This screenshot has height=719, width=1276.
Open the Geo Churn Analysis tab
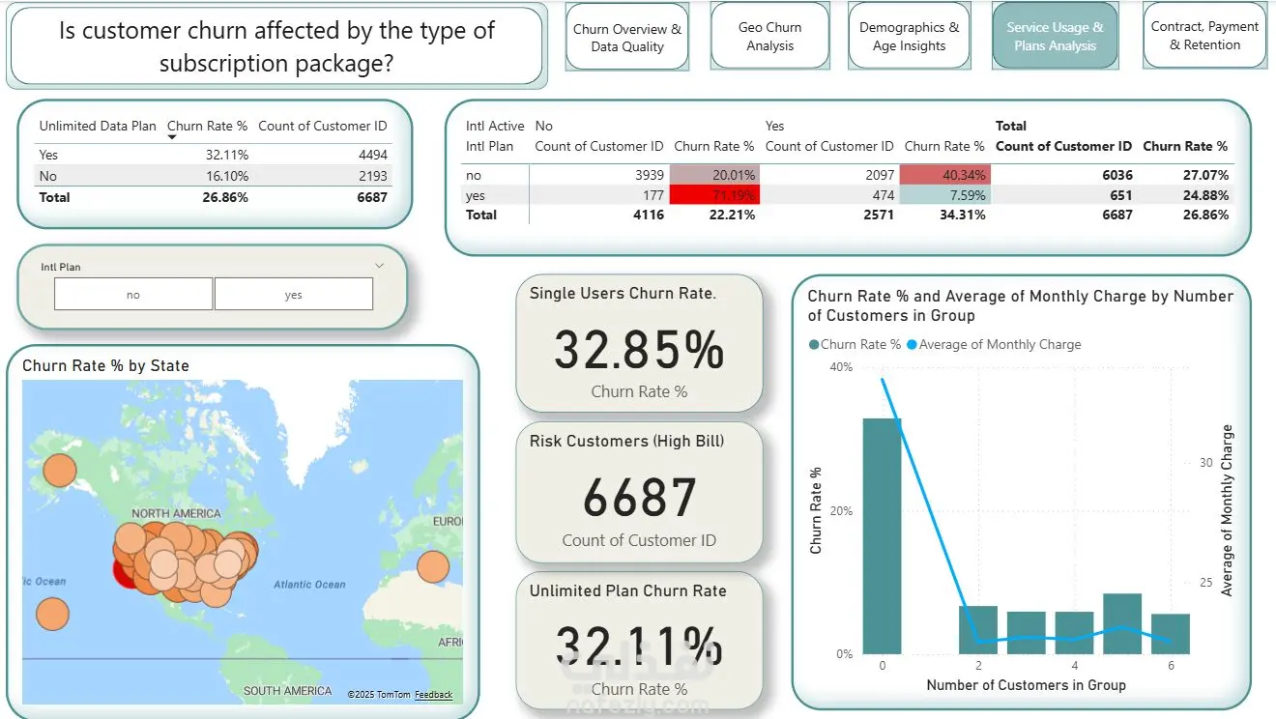(x=769, y=36)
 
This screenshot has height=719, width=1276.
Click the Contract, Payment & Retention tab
(x=1204, y=36)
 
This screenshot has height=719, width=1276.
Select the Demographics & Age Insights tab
(x=909, y=36)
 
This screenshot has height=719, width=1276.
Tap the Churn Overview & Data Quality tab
(x=626, y=37)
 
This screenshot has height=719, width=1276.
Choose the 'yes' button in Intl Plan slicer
(x=293, y=295)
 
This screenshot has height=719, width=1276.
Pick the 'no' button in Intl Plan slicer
(x=133, y=295)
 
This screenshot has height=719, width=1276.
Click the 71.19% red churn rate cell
(x=715, y=195)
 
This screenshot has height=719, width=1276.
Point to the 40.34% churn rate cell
(x=945, y=175)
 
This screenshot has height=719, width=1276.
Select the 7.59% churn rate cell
(x=945, y=195)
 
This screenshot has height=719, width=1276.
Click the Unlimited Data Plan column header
(x=97, y=126)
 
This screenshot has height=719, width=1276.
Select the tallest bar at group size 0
(x=882, y=535)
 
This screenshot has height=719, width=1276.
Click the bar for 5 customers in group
(x=1121, y=623)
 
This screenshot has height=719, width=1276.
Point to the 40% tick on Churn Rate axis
(x=841, y=367)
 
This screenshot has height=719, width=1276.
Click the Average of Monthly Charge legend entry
(x=1000, y=344)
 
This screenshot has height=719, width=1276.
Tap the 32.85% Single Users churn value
(x=639, y=350)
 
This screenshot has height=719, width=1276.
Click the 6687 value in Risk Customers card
(x=639, y=498)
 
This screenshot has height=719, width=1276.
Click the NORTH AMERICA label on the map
(x=176, y=513)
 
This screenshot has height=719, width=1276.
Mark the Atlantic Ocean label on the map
(x=308, y=584)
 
